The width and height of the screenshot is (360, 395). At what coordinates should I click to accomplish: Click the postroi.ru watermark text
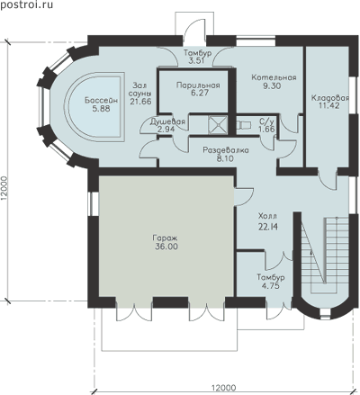coord(26,4)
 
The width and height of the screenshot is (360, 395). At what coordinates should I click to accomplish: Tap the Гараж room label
coord(166,238)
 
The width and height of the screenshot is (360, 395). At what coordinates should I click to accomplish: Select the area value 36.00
coord(166,247)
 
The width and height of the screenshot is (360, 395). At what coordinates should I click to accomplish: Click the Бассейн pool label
coord(101,101)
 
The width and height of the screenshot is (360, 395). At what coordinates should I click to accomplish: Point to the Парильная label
coord(198,85)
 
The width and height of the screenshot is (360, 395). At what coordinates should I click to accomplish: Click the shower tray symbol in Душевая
coord(218,124)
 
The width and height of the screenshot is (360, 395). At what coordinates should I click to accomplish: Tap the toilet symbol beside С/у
coord(244,124)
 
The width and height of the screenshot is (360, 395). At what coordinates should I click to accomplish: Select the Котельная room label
coord(274,77)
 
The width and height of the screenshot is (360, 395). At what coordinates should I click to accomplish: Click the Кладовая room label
coord(330,98)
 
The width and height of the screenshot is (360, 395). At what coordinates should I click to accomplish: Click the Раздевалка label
coord(226,150)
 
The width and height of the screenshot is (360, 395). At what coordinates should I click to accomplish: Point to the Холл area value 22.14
coord(268,227)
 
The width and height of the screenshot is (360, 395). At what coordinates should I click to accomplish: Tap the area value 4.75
coord(270,286)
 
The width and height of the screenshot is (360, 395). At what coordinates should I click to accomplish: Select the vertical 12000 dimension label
coord(4,186)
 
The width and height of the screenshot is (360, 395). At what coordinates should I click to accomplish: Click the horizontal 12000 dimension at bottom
coord(224,388)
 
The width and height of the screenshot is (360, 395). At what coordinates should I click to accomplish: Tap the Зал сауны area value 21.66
coord(140,102)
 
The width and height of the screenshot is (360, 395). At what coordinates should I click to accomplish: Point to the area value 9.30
coord(272,85)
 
